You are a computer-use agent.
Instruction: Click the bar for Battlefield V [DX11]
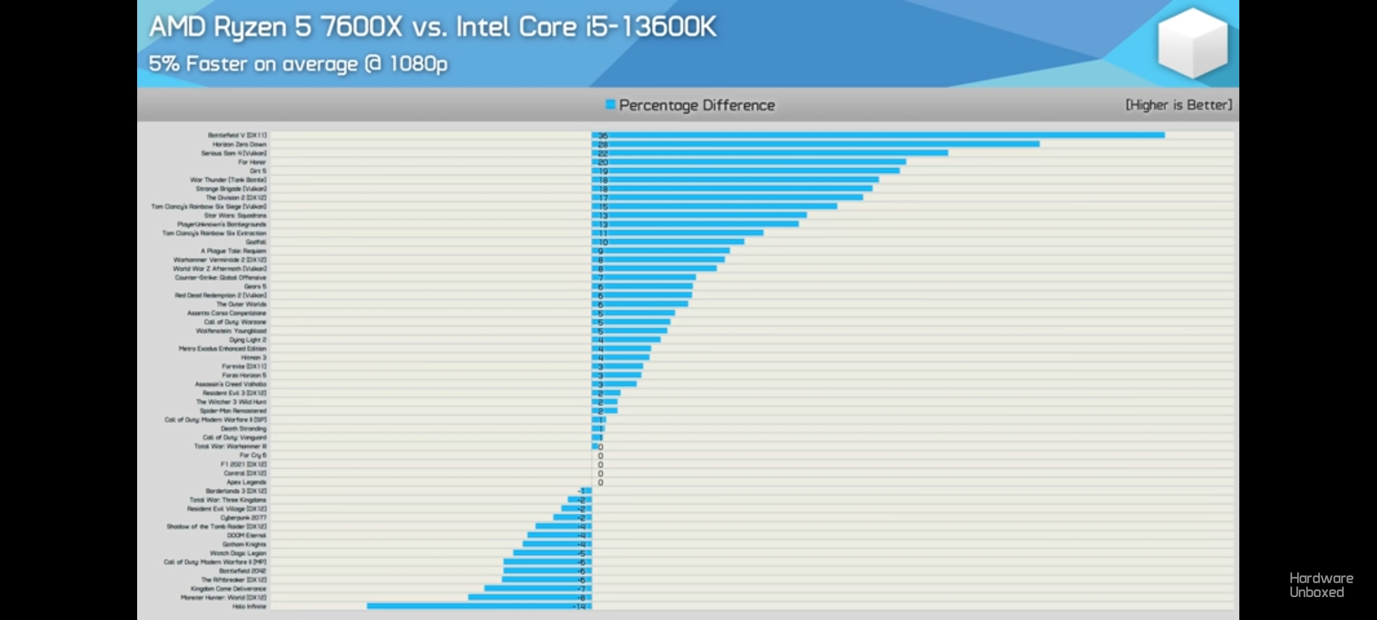click(x=878, y=135)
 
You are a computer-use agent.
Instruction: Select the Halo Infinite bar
click(x=479, y=606)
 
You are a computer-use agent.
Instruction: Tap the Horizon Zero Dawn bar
click(x=815, y=144)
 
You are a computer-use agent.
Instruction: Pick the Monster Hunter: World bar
click(x=530, y=598)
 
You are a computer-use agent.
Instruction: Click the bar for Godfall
click(x=668, y=242)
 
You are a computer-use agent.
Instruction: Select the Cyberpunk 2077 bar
click(x=572, y=517)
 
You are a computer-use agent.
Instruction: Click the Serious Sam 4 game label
click(x=234, y=153)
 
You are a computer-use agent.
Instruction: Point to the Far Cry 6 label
click(x=252, y=455)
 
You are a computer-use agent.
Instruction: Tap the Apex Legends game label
click(x=246, y=482)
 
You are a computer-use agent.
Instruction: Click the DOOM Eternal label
click(x=246, y=535)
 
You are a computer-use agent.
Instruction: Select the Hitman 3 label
click(x=253, y=358)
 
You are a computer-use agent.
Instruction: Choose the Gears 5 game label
click(x=255, y=286)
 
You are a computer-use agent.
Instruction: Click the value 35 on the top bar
click(x=603, y=136)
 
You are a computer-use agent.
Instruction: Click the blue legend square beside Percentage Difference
click(x=610, y=104)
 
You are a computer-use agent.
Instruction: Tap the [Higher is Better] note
click(x=1178, y=105)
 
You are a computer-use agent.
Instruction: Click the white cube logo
click(x=1192, y=43)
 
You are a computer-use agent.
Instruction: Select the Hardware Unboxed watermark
click(x=1321, y=585)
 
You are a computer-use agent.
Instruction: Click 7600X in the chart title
click(x=361, y=27)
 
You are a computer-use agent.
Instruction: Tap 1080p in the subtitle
click(x=418, y=64)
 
